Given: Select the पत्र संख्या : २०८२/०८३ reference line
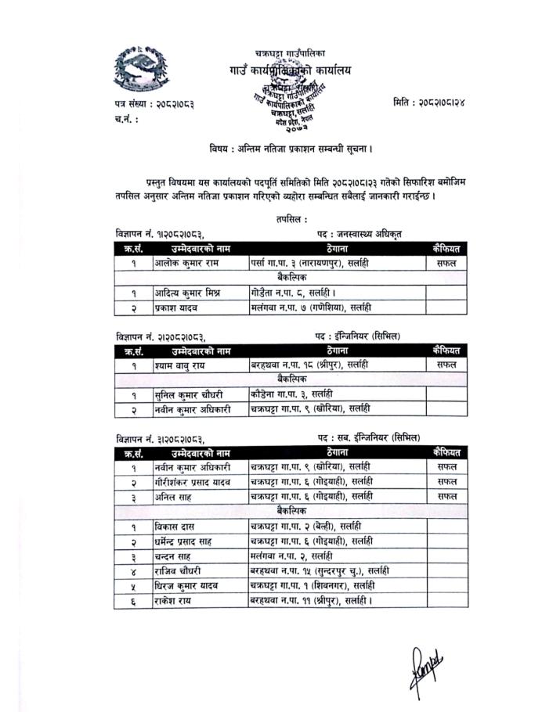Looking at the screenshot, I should click(154, 103).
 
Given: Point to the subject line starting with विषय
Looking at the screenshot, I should click(291, 149).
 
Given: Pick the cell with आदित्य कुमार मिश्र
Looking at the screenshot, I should click(188, 292).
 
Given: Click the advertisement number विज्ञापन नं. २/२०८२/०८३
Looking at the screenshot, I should click(161, 336).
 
